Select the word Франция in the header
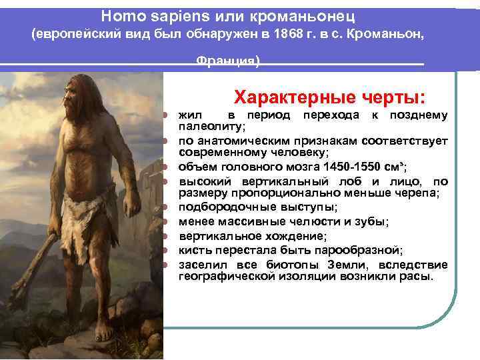pos(227,62)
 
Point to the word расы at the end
pos(415,275)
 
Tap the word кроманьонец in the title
pos(303,14)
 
